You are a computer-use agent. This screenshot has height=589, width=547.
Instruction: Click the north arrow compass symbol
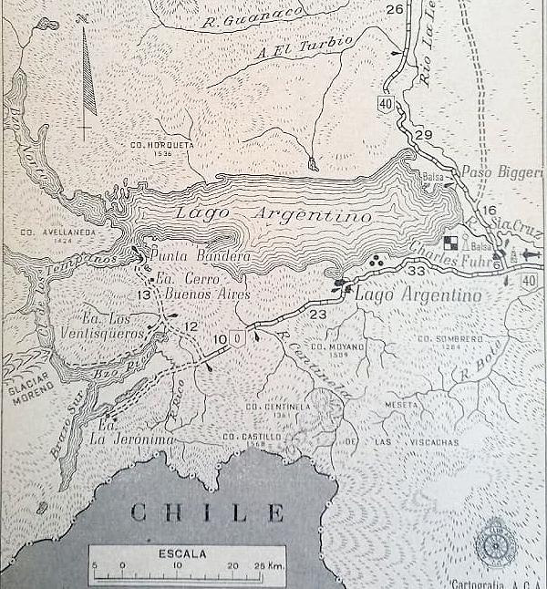pyautogui.click(x=88, y=77)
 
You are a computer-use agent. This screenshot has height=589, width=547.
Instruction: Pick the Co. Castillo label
pyautogui.click(x=248, y=437)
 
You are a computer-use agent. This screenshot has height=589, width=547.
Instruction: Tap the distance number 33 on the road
pyautogui.click(x=418, y=271)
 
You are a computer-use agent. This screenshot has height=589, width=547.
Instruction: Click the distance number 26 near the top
pyautogui.click(x=394, y=10)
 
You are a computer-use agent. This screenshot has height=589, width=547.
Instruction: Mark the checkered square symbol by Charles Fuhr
pyautogui.click(x=451, y=242)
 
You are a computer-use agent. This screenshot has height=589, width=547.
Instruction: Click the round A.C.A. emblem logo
pyautogui.click(x=495, y=544)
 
